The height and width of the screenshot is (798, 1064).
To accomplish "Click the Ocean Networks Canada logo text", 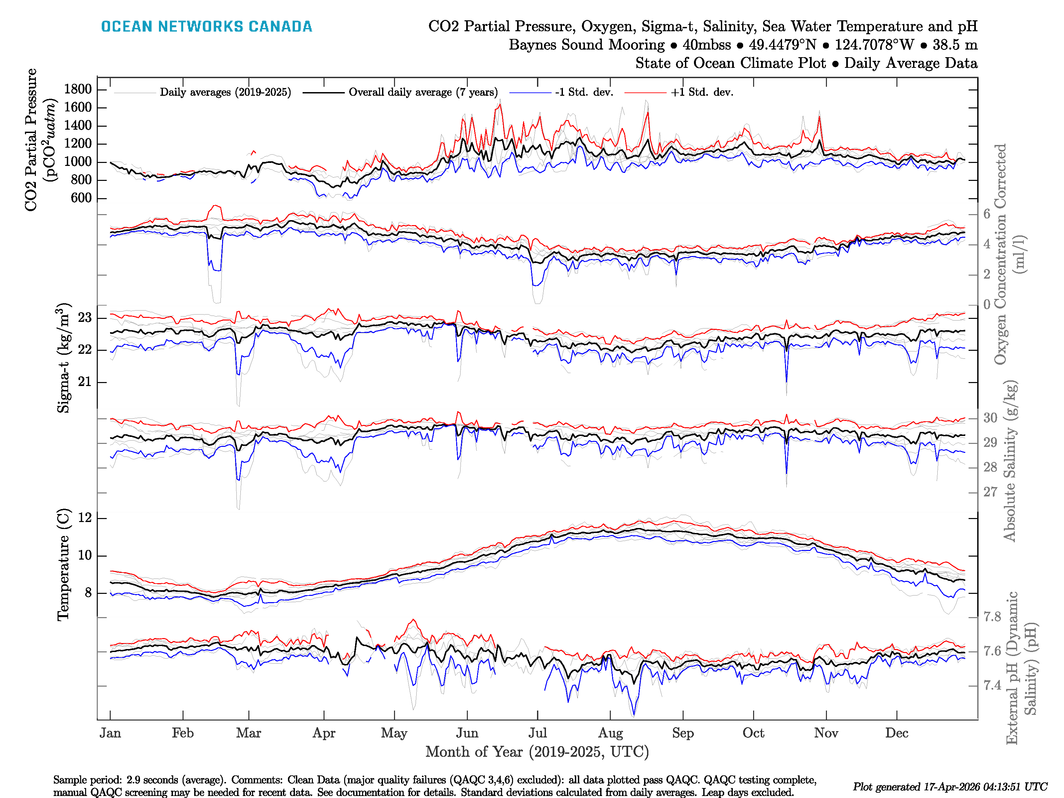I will click(206, 27).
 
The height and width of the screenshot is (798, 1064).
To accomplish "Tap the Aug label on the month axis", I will click(610, 733).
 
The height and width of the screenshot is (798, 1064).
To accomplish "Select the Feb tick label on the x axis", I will click(183, 733).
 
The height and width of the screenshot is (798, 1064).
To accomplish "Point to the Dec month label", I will click(897, 733).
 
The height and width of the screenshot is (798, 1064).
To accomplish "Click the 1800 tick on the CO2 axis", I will click(78, 89).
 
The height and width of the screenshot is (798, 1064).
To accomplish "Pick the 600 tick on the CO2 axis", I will click(81, 198).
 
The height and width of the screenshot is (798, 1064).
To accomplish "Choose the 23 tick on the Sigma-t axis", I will click(85, 318).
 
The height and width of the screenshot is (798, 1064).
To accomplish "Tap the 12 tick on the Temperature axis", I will click(85, 518).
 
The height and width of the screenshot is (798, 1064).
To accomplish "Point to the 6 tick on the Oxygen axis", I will click(987, 214).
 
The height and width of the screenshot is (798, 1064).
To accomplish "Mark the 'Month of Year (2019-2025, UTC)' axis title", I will click(537, 752).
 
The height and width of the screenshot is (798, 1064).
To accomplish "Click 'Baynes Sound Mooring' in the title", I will click(586, 45).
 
